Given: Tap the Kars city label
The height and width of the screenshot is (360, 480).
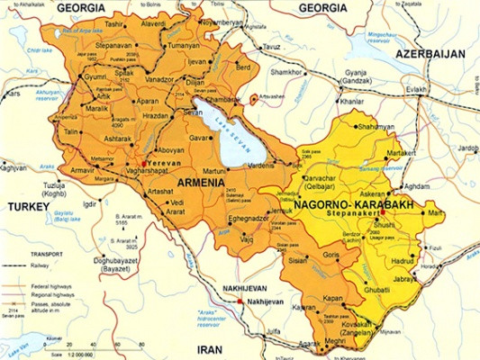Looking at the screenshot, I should click(14, 93).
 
